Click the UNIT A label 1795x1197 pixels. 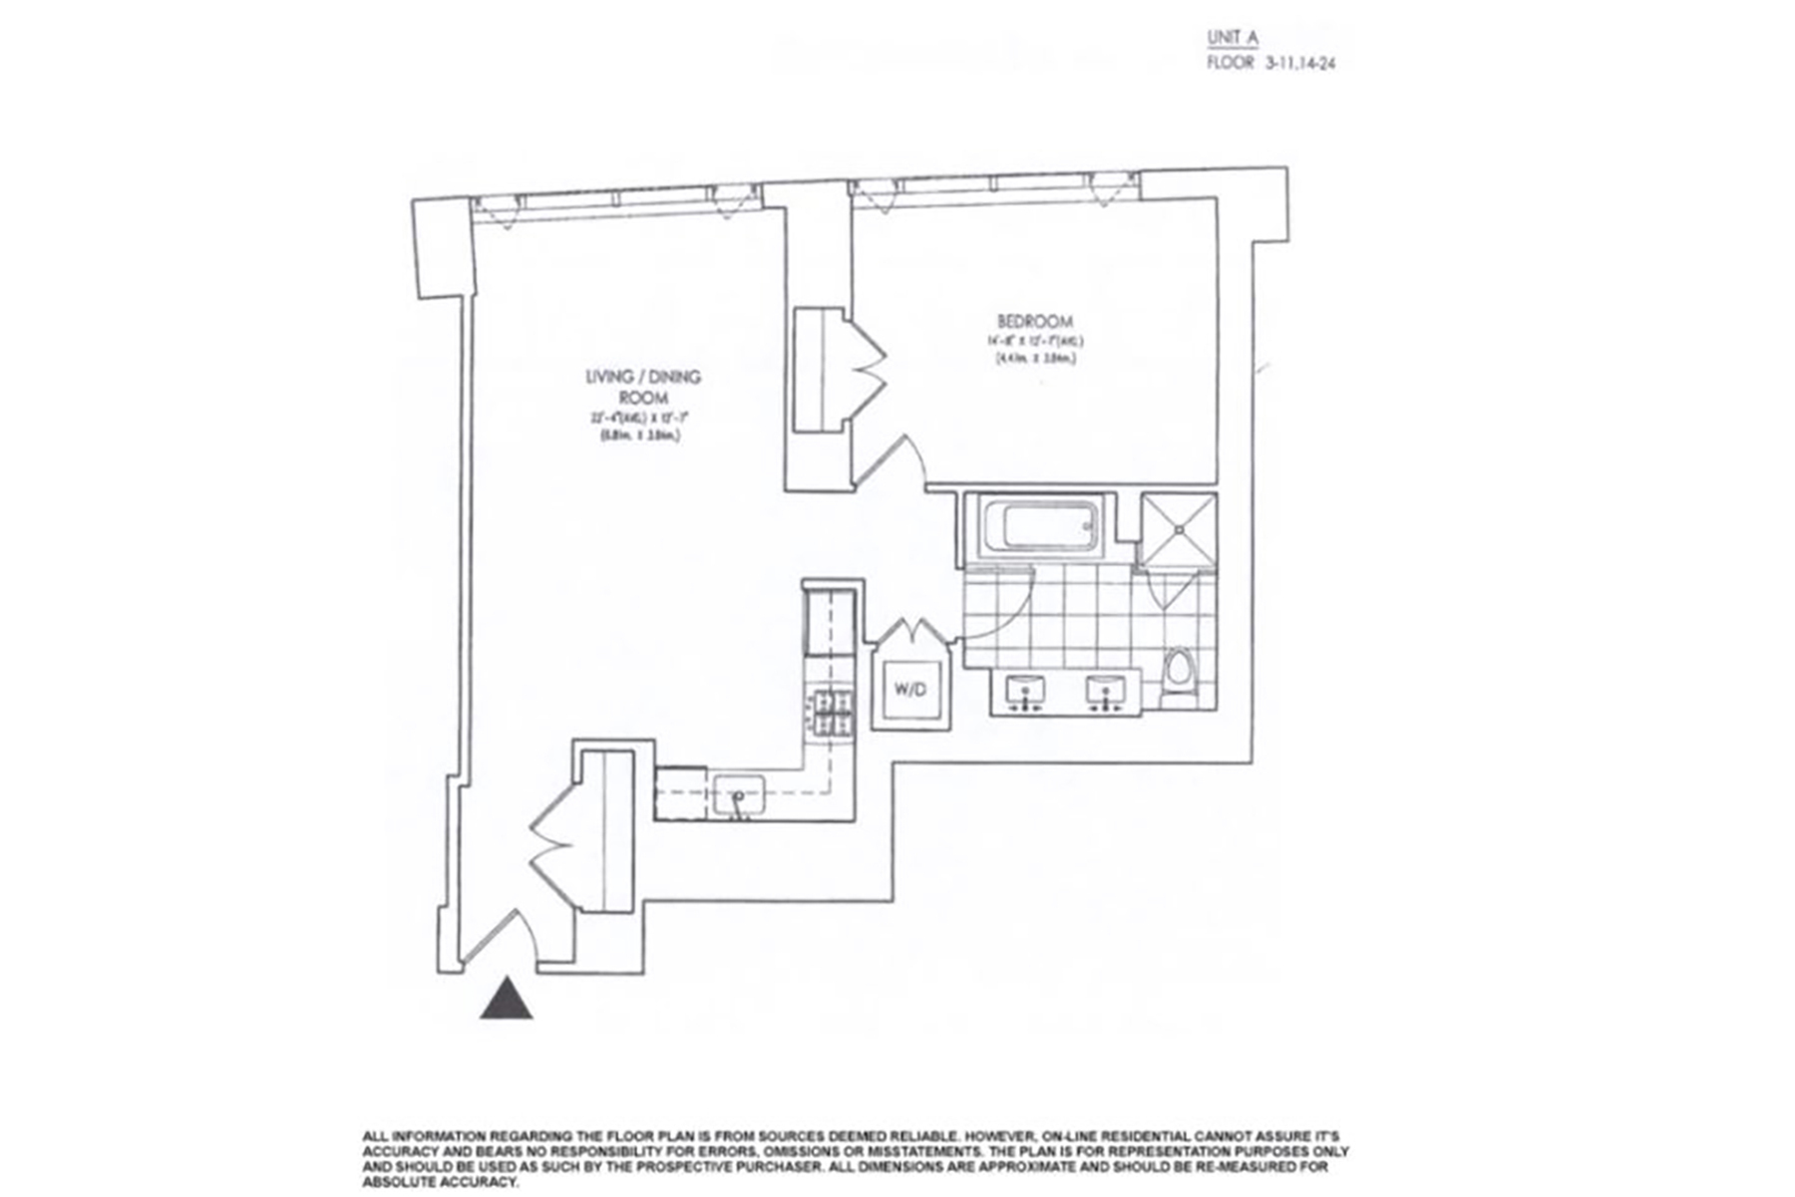tap(1233, 38)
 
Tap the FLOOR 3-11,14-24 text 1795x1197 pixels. tap(1270, 63)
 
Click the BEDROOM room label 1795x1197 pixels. tap(1035, 321)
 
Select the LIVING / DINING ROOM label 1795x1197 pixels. tap(643, 387)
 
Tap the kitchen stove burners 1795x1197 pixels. tap(831, 714)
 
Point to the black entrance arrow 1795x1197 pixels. tap(507, 1000)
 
